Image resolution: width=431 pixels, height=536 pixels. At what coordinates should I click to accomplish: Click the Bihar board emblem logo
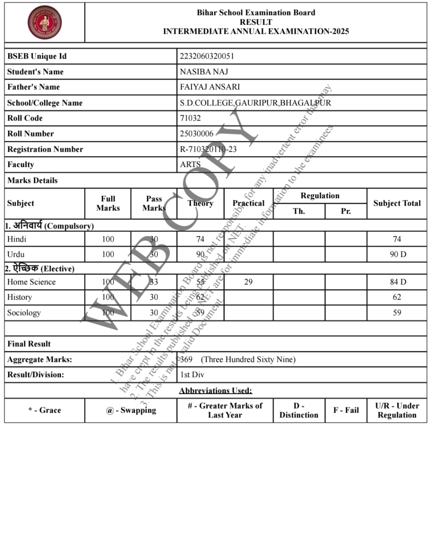click(x=44, y=22)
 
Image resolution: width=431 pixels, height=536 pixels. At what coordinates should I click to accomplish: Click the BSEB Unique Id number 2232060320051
click(x=207, y=56)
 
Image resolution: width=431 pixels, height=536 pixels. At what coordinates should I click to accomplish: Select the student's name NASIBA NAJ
click(x=204, y=72)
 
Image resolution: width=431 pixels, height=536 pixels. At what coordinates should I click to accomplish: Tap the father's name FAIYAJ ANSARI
click(x=210, y=87)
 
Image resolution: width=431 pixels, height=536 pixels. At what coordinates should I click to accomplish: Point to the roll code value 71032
click(x=190, y=118)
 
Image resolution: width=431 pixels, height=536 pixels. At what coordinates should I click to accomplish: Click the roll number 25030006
click(x=196, y=134)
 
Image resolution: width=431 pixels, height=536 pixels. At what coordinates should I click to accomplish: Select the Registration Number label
click(x=45, y=149)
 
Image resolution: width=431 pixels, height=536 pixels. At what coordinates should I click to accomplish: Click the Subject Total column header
click(x=397, y=203)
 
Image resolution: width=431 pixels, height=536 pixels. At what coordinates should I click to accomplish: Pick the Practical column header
click(x=248, y=203)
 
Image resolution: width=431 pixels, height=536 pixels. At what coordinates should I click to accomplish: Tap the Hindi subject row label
click(x=17, y=239)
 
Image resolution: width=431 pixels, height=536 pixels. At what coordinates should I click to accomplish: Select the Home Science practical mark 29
click(x=248, y=282)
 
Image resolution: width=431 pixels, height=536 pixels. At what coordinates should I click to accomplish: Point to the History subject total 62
click(x=397, y=297)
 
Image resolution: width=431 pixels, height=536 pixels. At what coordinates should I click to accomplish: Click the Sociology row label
click(x=24, y=313)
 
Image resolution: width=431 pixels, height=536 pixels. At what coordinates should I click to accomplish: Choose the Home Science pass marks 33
click(x=154, y=282)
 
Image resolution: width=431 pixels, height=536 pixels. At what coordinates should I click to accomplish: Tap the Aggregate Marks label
click(x=40, y=359)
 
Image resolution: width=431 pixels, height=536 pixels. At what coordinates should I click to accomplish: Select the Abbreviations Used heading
click(x=216, y=391)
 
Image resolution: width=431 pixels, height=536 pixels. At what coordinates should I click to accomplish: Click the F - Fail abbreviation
click(x=346, y=410)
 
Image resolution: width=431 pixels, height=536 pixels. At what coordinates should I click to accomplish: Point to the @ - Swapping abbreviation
click(x=131, y=410)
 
